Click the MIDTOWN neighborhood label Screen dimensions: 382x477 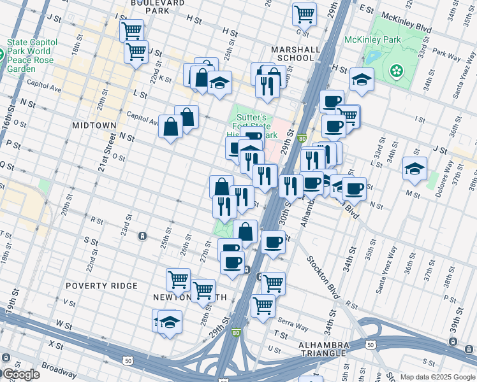click(94, 125)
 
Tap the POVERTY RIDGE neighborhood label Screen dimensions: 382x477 click(101, 286)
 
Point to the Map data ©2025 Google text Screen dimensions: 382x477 click(437, 377)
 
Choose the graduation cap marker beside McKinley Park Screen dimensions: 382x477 click(362, 80)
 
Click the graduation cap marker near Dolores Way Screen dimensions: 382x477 click(415, 169)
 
